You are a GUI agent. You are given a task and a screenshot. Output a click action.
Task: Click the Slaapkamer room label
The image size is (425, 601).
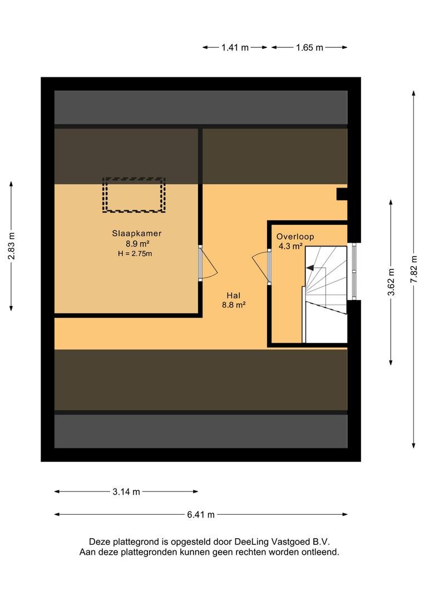136,233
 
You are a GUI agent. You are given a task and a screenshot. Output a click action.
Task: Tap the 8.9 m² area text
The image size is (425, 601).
137,243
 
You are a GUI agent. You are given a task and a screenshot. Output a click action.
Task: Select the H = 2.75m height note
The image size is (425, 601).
135,253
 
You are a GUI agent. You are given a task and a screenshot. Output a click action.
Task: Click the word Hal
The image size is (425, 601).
234,295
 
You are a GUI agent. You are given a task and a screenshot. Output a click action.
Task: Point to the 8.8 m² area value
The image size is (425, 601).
234,305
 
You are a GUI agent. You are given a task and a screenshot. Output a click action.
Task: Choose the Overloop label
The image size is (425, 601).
295,237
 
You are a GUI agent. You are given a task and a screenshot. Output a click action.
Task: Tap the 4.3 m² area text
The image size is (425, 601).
290,246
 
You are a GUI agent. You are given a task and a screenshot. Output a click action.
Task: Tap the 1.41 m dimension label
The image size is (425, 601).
235,47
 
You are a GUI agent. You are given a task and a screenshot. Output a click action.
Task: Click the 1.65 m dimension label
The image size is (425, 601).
309,47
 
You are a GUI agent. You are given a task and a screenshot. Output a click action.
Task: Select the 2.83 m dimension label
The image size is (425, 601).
12,246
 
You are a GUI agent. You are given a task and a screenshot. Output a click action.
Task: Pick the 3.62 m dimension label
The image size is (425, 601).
391,282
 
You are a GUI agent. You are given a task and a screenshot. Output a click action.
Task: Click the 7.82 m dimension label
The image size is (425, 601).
413,269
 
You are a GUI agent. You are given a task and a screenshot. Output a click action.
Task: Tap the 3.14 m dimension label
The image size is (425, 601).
126,492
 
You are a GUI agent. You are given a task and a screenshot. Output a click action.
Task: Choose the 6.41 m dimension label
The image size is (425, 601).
201,515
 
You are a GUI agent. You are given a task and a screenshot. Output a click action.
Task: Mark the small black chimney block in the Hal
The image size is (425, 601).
342,194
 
